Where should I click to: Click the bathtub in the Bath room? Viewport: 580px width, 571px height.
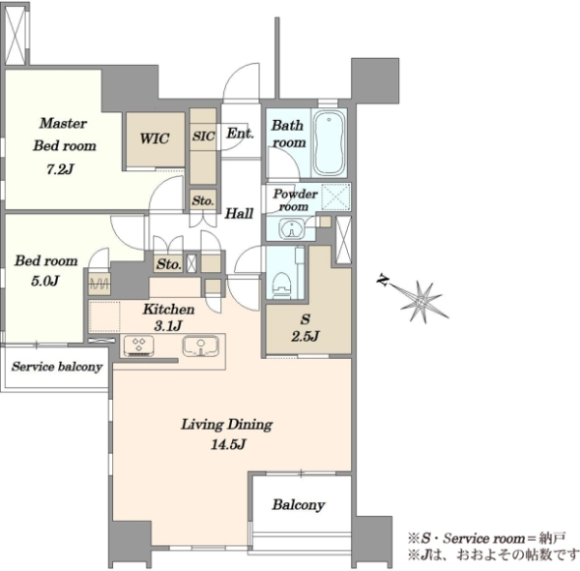329,142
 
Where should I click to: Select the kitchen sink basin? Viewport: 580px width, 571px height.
201,346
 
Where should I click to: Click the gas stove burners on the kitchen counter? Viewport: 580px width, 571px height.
138,346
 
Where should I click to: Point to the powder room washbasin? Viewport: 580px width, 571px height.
292,228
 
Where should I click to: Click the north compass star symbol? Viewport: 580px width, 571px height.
420,301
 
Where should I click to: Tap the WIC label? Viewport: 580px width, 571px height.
155,138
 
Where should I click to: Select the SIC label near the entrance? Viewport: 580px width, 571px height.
203,136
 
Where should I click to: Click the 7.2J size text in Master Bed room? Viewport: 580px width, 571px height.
60,169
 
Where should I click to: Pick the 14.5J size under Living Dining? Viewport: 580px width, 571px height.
228,444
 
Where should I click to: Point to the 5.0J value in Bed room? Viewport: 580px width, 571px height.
45,281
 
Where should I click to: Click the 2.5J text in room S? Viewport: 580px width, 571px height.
305,336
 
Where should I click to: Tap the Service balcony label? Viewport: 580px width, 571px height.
57,367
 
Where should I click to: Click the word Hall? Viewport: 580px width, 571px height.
240,213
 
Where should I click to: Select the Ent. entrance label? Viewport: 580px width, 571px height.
240,133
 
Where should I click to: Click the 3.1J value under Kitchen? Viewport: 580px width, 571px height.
168,326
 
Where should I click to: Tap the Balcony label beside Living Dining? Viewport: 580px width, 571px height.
299,505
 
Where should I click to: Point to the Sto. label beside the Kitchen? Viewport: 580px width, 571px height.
168,264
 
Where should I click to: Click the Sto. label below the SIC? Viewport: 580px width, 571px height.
203,201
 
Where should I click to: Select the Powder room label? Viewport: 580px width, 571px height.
295,200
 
